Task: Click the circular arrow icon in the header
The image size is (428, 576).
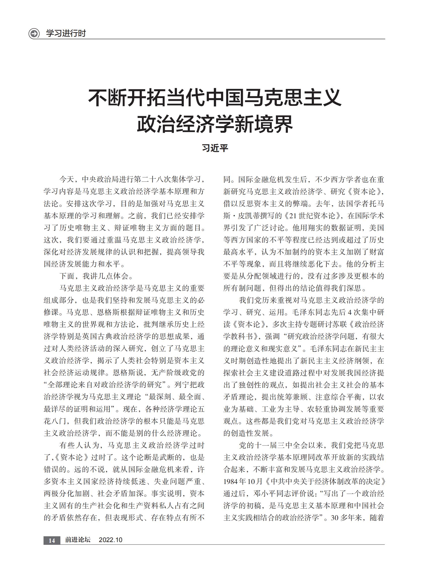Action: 34,34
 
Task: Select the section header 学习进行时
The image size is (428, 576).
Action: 66,33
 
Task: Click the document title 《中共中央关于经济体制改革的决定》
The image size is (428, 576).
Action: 325,481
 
